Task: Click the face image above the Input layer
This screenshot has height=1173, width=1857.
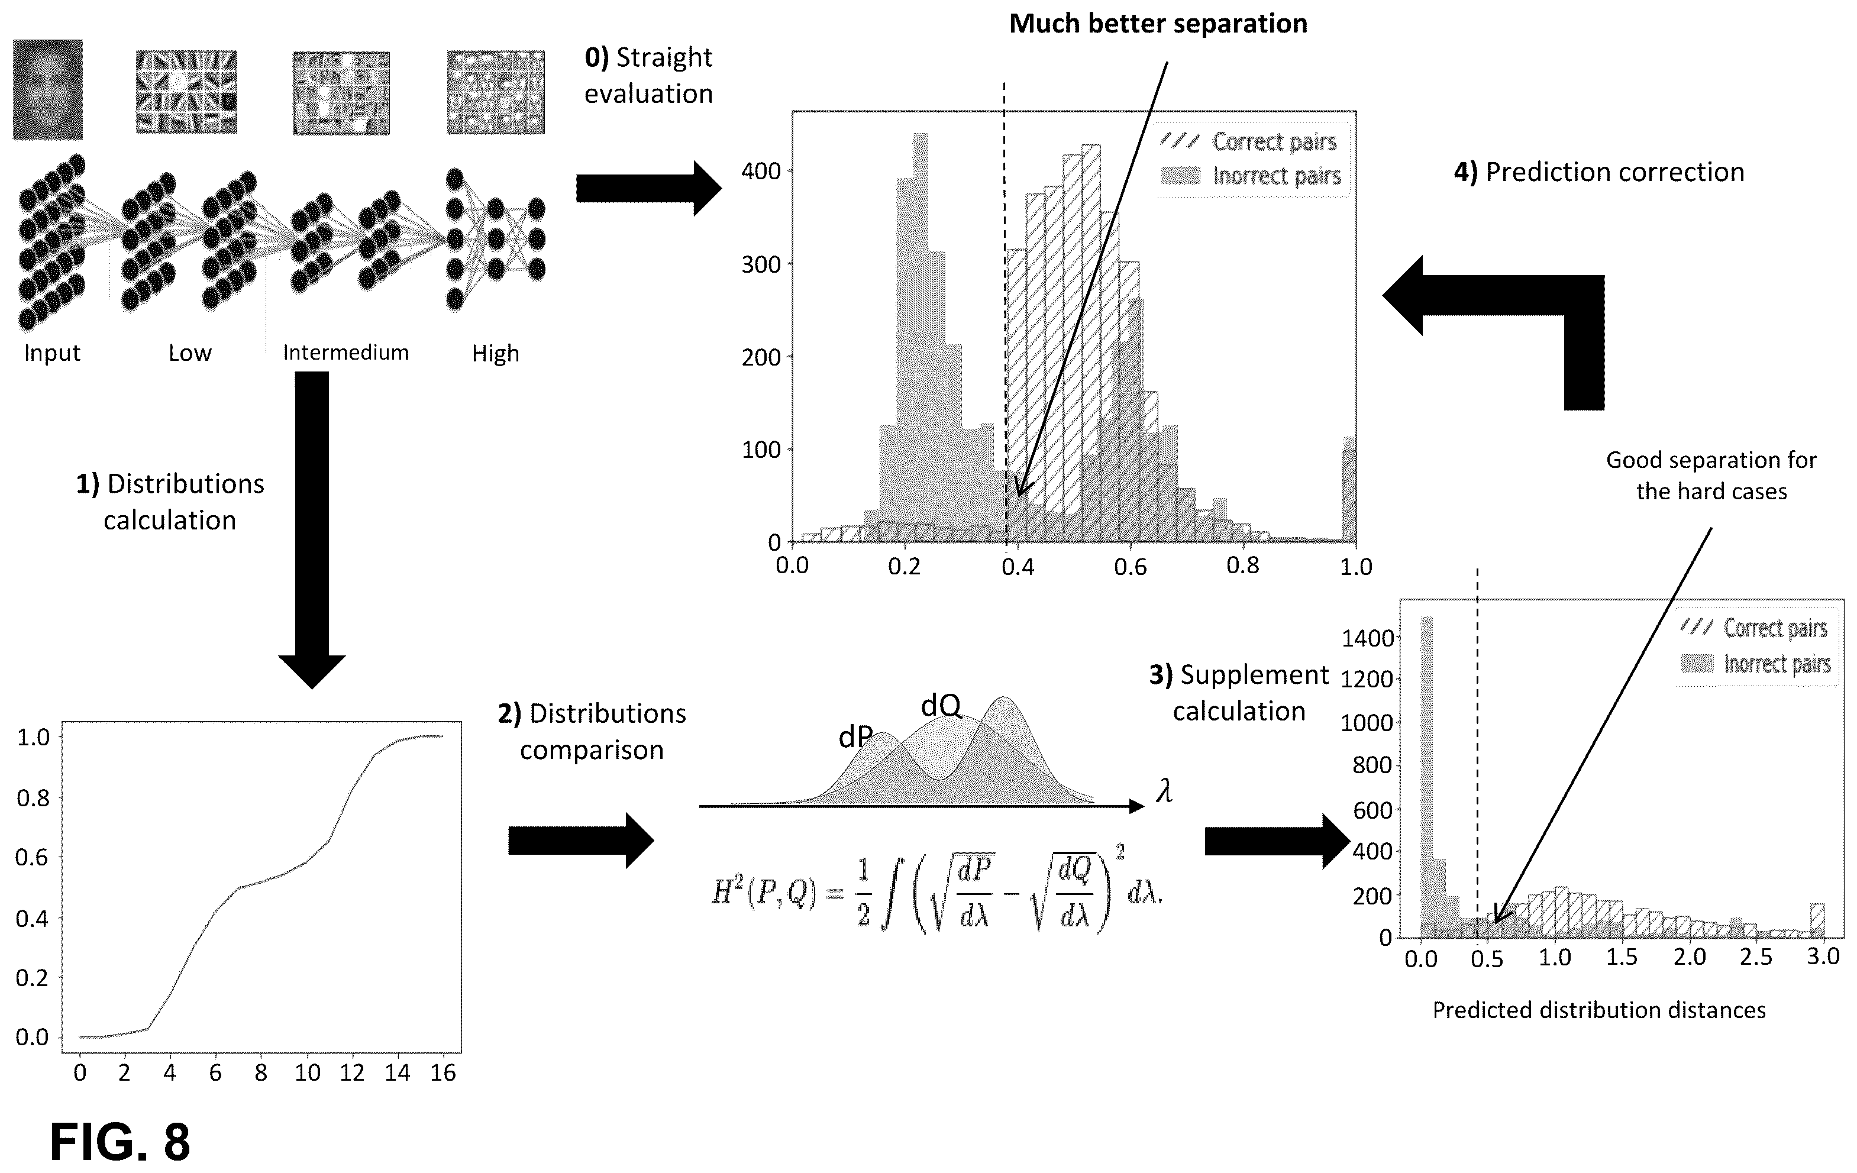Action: pos(48,89)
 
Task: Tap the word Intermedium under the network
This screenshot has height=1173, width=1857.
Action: pos(345,353)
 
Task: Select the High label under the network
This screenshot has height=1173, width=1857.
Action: pos(495,353)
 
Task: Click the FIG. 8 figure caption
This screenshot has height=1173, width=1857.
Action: pos(120,1142)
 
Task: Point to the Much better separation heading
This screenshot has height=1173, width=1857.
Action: pos(1158,23)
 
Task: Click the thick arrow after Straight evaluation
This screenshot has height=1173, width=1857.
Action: pos(648,188)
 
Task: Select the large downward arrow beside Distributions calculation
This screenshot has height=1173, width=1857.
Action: pos(312,530)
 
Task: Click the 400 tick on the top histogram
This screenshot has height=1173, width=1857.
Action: pos(761,171)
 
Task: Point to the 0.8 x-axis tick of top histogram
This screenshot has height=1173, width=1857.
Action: pos(1242,567)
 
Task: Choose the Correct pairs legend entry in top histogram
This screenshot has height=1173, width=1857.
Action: pos(1250,142)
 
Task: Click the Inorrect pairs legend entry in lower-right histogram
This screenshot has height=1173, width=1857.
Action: pos(1756,663)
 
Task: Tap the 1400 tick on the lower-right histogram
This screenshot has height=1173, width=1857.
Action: pos(1367,638)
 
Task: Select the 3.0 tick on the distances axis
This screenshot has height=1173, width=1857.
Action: pos(1823,957)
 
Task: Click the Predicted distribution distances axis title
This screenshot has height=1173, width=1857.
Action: pos(1598,1010)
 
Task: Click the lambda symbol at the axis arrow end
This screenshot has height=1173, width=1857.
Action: pos(1164,790)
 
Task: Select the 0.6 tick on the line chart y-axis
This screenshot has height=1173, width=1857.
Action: pos(33,858)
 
